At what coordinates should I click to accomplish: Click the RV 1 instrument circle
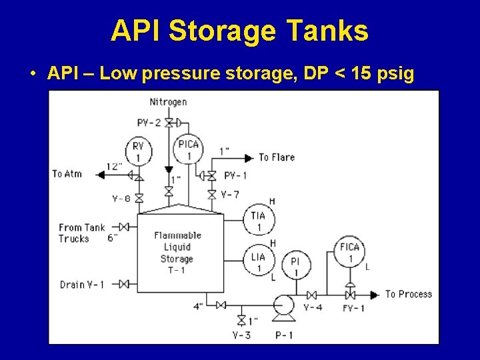click(139, 151)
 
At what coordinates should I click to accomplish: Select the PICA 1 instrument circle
click(189, 150)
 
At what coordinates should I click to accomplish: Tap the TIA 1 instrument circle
click(258, 221)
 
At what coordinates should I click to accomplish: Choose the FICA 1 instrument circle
click(349, 252)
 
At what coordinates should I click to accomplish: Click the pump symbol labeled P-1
click(284, 307)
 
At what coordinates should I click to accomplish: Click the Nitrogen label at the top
click(168, 102)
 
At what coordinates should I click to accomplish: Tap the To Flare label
click(276, 157)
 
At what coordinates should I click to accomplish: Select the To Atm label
click(67, 174)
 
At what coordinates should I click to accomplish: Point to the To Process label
click(408, 294)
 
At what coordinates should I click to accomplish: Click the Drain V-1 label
click(82, 285)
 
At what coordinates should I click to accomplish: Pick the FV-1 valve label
click(353, 308)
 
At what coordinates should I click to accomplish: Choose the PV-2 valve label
click(149, 123)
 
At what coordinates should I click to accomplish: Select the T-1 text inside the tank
click(177, 269)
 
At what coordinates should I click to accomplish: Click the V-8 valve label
click(121, 199)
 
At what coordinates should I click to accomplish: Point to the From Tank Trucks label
click(81, 233)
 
